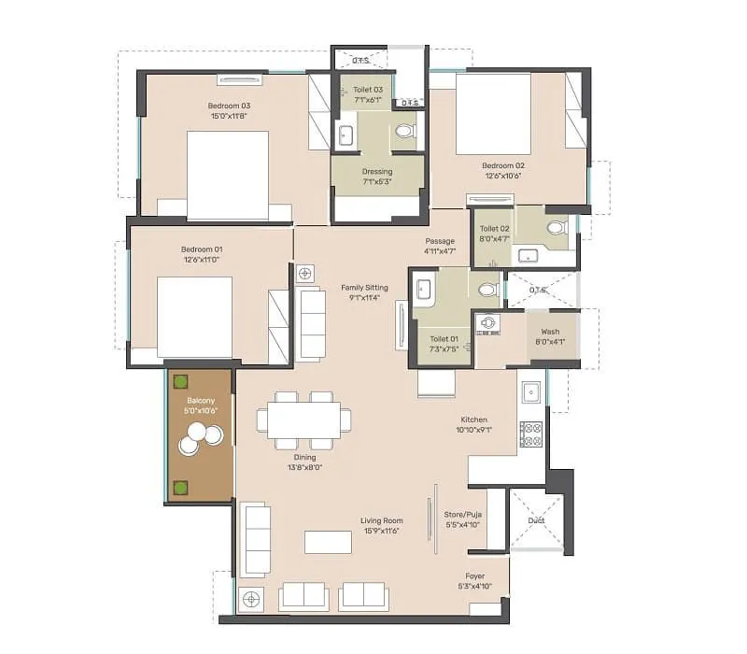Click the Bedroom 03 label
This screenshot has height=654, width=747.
[x=229, y=106]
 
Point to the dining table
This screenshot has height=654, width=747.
[x=303, y=420]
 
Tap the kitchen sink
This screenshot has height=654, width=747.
[x=531, y=392]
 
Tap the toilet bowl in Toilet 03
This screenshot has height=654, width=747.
[x=405, y=132]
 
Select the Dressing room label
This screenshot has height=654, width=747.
[x=377, y=172]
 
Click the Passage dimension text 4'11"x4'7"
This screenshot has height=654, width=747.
[x=439, y=250]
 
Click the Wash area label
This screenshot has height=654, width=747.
[x=550, y=332]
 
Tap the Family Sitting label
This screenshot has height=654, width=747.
[x=364, y=288]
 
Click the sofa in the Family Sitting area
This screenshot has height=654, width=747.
[x=310, y=324]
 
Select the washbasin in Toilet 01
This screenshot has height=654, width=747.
[x=423, y=291]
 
